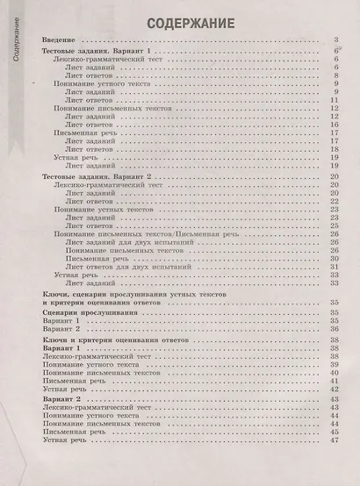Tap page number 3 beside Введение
click(x=336, y=40)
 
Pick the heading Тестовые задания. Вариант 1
click(x=97, y=54)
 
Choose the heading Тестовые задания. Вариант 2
click(x=97, y=178)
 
